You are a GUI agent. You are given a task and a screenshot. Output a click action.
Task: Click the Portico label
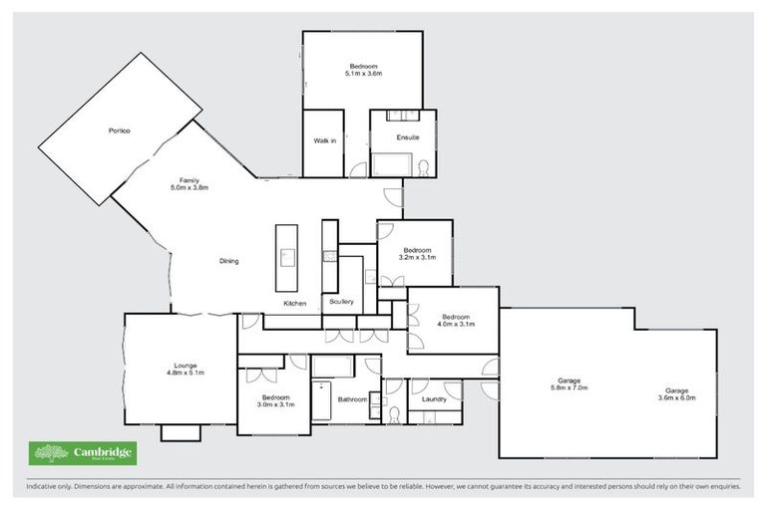pos(120,131)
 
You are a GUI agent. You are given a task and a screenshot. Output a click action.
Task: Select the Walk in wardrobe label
pos(324,141)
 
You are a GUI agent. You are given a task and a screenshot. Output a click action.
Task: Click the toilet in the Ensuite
pos(423,166)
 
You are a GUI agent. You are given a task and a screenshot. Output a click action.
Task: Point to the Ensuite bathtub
pos(392,164)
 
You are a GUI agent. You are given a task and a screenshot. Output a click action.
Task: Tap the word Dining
pos(228,261)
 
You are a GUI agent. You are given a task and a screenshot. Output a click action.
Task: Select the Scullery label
pos(340,301)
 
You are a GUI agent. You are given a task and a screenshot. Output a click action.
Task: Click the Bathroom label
pos(353,399)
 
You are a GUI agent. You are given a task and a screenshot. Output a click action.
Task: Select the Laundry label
pos(434,399)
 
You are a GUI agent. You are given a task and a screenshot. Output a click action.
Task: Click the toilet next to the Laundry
pos(395,413)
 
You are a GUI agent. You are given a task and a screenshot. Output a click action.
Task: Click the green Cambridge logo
pos(83,453)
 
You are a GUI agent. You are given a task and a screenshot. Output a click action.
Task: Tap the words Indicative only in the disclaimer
pos(46,487)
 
